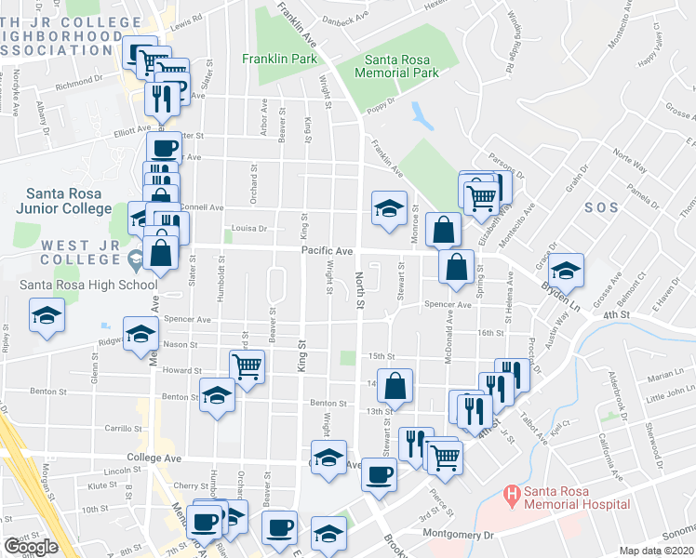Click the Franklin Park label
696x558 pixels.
[274, 58]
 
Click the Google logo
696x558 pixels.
[31, 547]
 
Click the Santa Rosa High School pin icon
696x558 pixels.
[137, 257]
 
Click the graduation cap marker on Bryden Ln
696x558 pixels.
[564, 270]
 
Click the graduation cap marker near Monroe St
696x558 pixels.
[389, 207]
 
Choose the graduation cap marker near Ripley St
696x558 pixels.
[46, 313]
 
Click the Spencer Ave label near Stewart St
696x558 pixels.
[448, 305]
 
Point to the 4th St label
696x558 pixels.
[615, 315]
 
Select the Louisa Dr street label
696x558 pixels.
[249, 227]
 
